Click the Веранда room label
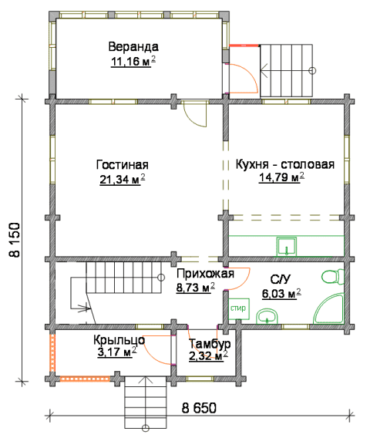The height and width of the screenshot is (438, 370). (133, 46)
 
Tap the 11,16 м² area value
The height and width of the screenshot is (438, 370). (133, 62)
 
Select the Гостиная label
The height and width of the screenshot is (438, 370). (123, 165)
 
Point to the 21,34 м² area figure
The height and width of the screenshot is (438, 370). (123, 180)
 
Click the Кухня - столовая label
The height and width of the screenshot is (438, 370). (285, 164)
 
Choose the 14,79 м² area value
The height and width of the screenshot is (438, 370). (281, 177)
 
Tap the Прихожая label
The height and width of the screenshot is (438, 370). (205, 274)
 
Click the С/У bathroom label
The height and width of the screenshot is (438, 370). (281, 279)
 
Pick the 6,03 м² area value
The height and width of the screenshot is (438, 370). (281, 294)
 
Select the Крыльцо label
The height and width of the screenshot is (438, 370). (119, 340)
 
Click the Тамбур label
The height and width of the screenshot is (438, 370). (210, 343)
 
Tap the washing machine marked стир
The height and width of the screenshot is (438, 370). (239, 309)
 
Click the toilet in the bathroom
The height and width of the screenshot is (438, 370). (333, 277)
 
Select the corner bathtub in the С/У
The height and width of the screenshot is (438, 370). (329, 308)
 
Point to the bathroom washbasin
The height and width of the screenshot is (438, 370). (267, 316)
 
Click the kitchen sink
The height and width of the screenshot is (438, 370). (287, 247)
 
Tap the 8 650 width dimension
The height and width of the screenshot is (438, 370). (199, 408)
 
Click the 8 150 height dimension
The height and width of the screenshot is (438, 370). (15, 240)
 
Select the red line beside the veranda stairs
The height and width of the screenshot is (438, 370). (244, 45)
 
